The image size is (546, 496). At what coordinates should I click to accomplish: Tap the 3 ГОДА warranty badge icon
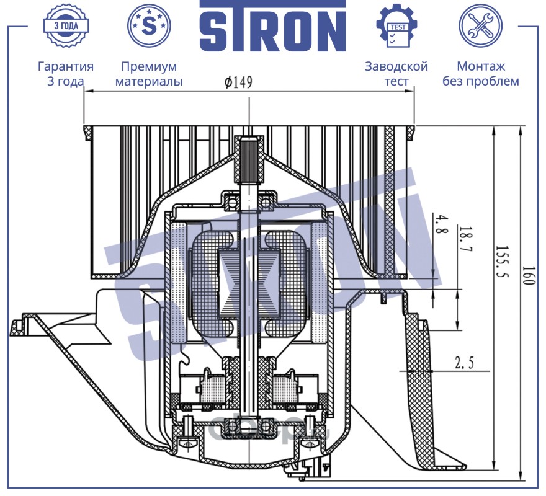coord(65,25)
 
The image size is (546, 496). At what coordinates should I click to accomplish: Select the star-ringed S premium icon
coord(149,25)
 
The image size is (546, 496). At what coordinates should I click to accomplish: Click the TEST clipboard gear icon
coord(396,25)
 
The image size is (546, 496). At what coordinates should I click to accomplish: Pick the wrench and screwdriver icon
coord(480,25)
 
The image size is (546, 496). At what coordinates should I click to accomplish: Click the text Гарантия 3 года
coord(65,74)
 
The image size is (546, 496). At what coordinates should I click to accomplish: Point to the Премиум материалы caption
coord(149,74)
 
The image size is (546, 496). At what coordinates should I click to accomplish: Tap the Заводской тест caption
coord(396,74)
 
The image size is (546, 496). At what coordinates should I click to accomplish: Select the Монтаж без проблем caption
coord(480,74)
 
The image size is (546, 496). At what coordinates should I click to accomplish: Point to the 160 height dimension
coord(527,275)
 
